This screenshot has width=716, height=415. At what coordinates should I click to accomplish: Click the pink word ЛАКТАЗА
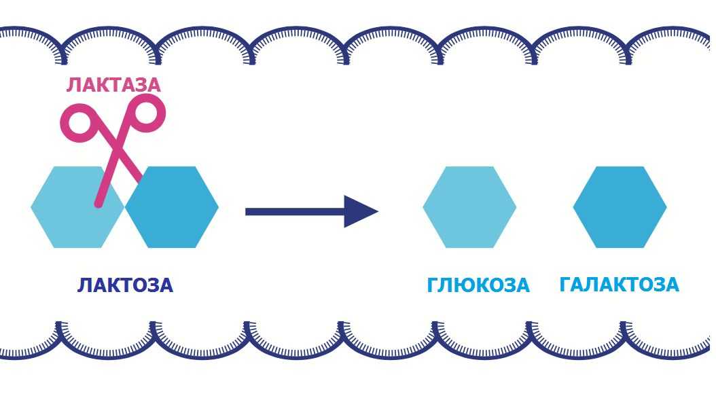click(113, 86)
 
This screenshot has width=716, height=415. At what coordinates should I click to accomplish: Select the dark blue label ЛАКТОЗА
click(125, 285)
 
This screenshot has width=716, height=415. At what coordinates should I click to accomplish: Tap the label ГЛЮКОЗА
click(478, 285)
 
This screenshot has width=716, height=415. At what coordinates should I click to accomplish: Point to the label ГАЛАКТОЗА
click(619, 285)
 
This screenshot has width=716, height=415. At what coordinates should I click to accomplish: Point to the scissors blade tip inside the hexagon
click(99, 204)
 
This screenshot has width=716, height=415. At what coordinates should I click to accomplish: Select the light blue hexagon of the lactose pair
click(77, 206)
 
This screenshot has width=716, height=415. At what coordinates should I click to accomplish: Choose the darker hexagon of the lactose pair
click(172, 206)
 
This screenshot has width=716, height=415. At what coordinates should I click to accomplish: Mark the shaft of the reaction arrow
click(295, 211)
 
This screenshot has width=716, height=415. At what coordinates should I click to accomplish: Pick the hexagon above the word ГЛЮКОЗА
click(469, 206)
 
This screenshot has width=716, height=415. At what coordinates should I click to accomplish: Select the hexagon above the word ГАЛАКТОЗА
click(620, 206)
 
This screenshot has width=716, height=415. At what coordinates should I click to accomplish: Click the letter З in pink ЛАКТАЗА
click(139, 86)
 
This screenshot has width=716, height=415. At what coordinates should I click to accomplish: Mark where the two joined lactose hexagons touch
click(125, 206)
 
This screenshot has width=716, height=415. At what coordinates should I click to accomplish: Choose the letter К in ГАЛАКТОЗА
click(616, 285)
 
